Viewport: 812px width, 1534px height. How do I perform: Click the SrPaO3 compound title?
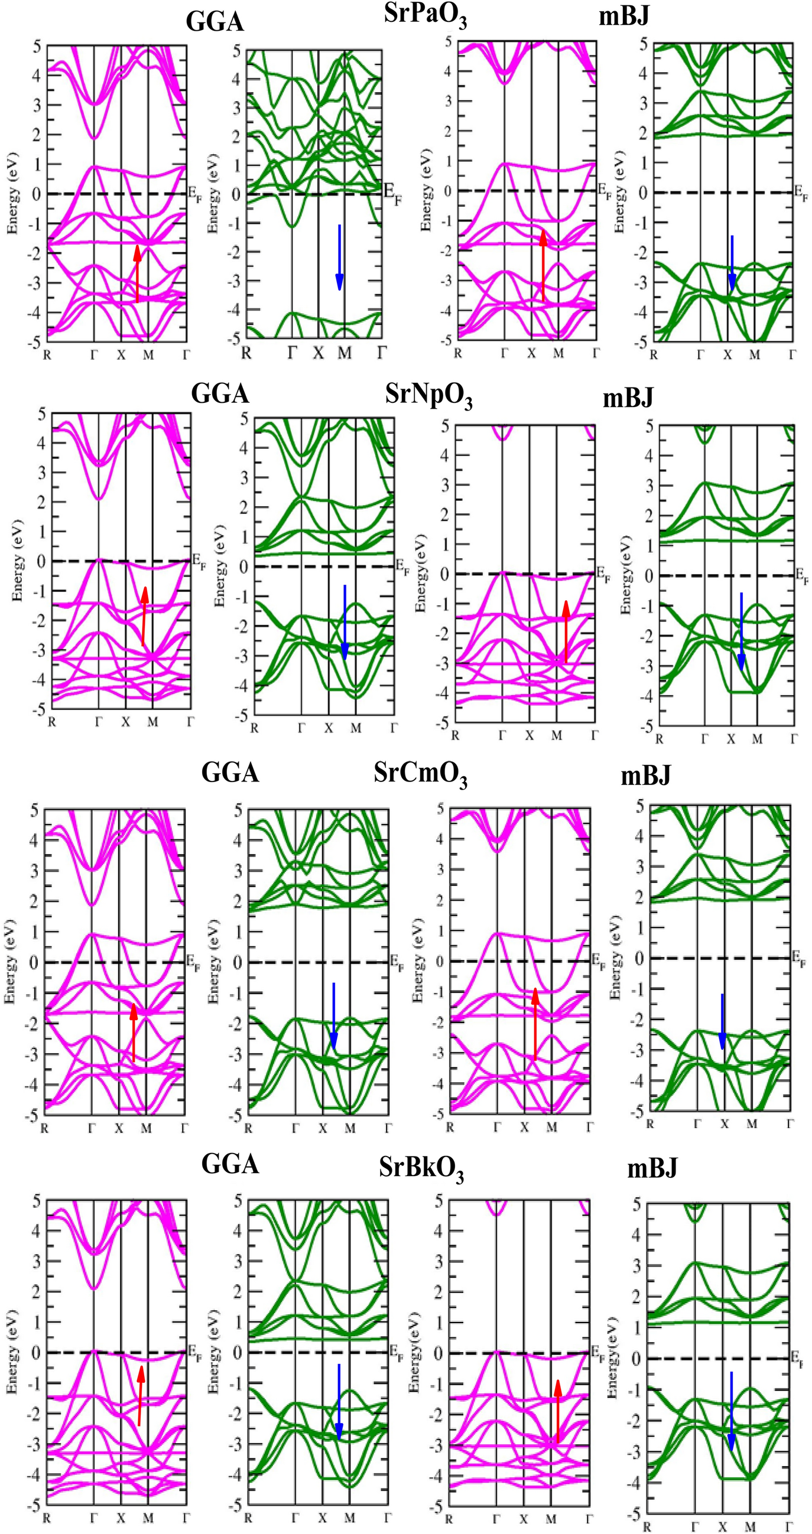(x=425, y=15)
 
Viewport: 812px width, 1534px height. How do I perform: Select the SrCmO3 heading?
(x=420, y=774)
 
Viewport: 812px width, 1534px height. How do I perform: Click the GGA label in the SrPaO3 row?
(x=215, y=22)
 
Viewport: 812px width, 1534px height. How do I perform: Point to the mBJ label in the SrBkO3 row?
(x=652, y=1169)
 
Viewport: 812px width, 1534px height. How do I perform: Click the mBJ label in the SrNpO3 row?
(x=628, y=397)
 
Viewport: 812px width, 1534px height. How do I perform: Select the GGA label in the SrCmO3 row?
(x=230, y=773)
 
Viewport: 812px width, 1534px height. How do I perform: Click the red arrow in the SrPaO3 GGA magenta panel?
(x=137, y=274)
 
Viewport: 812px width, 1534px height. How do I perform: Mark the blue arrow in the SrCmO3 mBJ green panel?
(x=722, y=1022)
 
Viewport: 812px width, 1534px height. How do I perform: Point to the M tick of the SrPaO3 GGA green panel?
(x=345, y=353)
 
